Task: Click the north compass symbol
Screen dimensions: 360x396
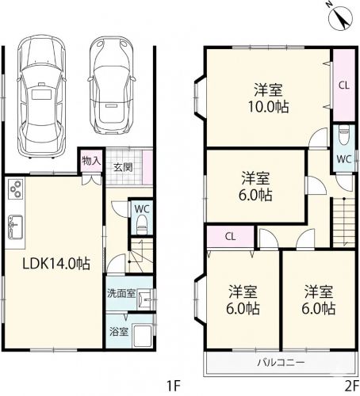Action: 340,17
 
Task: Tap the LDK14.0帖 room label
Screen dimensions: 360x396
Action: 56,264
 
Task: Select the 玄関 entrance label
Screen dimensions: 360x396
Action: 123,167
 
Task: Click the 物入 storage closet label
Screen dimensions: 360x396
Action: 91,160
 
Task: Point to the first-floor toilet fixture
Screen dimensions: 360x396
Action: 142,224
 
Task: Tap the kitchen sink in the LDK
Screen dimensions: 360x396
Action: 15,227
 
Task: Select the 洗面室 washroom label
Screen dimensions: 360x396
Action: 121,293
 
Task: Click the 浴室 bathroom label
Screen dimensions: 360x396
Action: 119,332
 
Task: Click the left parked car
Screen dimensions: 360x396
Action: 41,97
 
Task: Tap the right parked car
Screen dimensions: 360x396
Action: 112,85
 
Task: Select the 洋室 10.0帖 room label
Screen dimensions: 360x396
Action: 268,98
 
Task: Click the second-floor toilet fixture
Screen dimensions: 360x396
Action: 344,135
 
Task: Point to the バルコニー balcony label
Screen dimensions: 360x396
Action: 281,362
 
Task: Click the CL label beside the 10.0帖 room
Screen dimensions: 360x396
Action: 344,86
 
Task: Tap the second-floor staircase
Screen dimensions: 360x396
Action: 343,223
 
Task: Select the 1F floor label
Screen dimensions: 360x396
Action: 173,386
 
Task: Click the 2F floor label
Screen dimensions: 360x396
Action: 352,386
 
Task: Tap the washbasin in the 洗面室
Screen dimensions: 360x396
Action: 145,299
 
